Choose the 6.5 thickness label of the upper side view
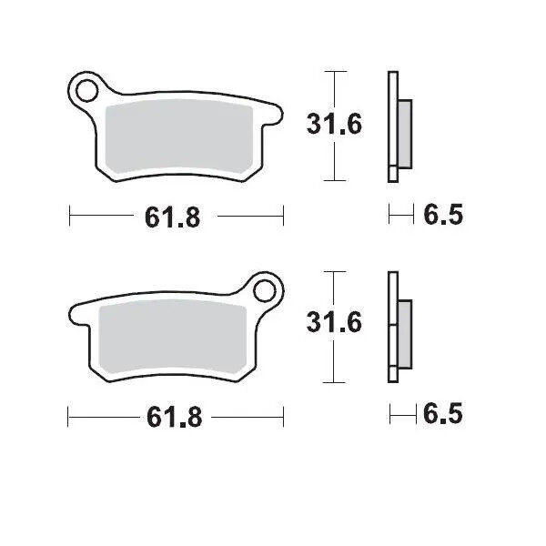click(x=443, y=216)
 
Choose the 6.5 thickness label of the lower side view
click(x=443, y=415)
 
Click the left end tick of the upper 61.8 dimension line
click(x=71, y=217)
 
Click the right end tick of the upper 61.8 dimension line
click(x=284, y=217)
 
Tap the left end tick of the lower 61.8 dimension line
click(x=71, y=417)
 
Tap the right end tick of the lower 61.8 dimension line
click(x=284, y=417)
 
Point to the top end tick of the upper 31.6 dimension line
click(x=336, y=71)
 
